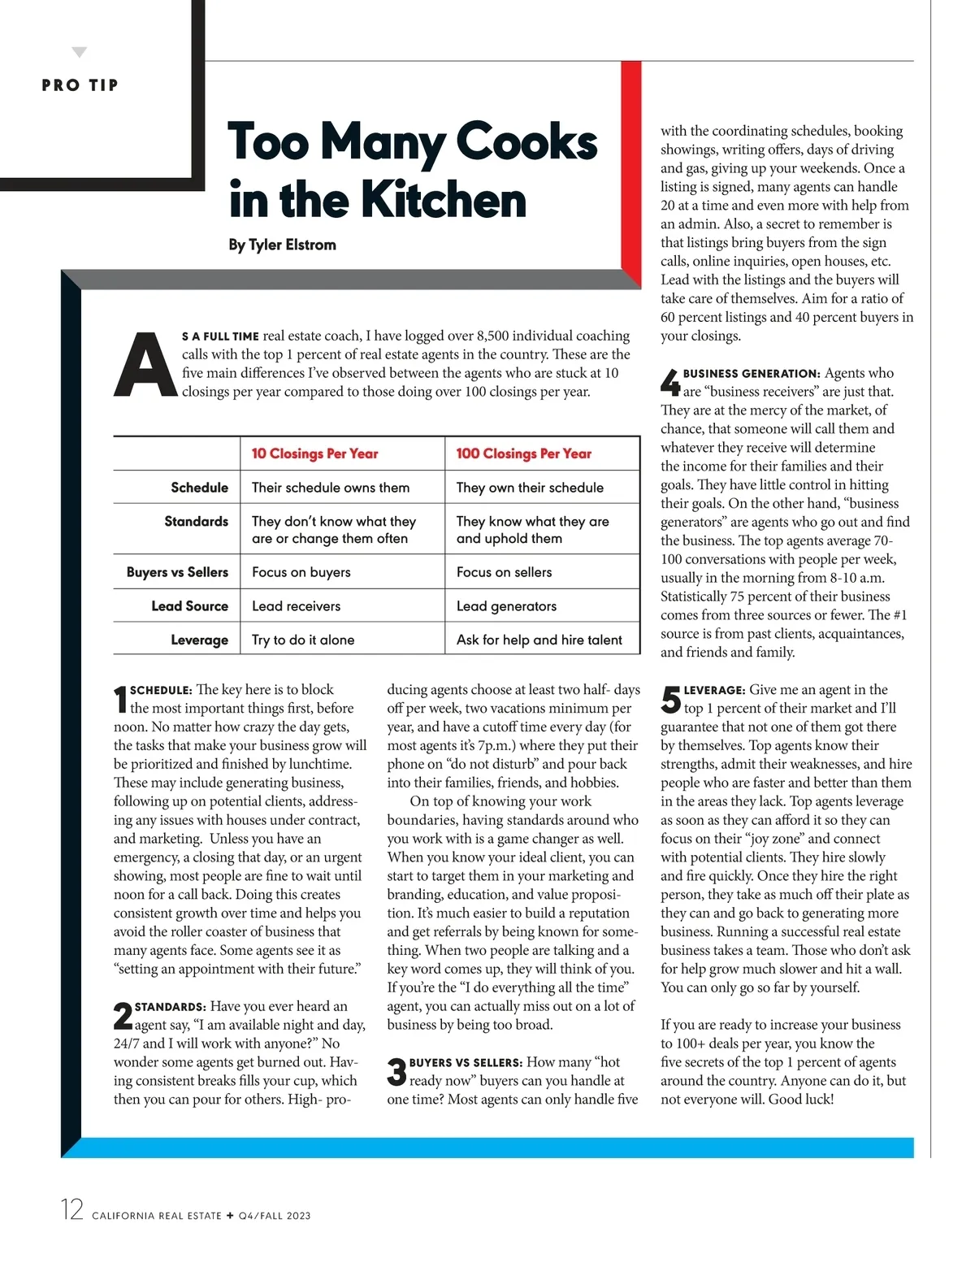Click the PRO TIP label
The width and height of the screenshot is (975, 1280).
pos(80,85)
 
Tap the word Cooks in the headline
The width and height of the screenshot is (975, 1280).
pos(526,141)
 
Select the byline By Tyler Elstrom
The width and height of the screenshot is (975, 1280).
pos(282,245)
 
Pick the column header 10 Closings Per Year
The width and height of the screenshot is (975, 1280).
pos(314,453)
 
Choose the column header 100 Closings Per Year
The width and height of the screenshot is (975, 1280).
pos(523,453)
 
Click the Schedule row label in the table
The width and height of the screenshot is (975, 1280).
pos(199,488)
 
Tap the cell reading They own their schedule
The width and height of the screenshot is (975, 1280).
pos(530,488)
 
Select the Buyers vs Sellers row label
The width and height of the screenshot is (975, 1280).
pos(177,572)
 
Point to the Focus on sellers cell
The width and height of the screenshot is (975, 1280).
pos(504,572)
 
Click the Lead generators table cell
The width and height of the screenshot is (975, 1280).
pos(506,606)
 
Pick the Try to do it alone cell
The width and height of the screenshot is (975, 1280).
pos(303,640)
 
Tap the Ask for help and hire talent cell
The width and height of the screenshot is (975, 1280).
pos(539,640)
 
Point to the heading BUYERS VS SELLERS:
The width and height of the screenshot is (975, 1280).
pos(466,1063)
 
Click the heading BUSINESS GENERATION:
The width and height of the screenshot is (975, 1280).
pos(752,374)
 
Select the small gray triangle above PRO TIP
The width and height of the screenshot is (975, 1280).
pos(79,53)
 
